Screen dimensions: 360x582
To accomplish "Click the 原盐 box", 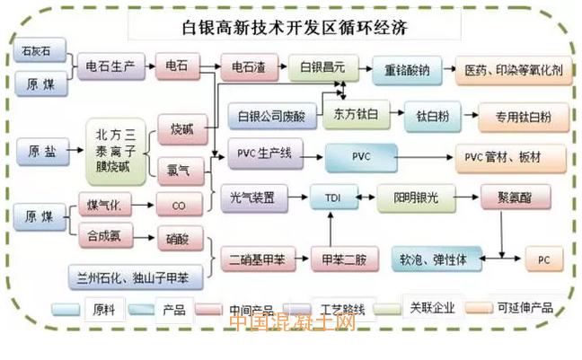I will pos(42,152).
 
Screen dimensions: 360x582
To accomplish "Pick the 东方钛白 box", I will pos(350,115).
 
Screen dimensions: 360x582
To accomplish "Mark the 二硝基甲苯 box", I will pos(253,259).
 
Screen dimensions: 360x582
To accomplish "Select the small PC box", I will pos(543,259).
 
